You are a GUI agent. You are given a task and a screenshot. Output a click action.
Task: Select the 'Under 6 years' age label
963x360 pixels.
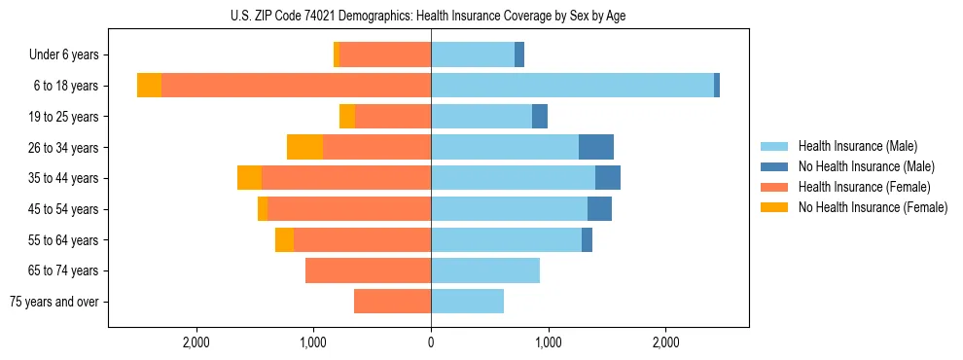[x=70, y=55]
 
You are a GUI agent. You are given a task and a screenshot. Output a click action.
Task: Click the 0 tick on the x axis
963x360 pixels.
[x=431, y=342]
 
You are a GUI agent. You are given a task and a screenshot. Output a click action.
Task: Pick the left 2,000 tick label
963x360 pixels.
[x=196, y=342]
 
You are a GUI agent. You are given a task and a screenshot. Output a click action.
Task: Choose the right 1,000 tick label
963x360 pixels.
[x=548, y=342]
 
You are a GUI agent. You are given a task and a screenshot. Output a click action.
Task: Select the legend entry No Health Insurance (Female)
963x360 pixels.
[x=873, y=207]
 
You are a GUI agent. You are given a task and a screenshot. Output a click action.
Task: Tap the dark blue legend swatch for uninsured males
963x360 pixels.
[x=775, y=166]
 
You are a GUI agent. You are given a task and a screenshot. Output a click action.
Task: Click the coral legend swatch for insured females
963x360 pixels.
[x=775, y=187]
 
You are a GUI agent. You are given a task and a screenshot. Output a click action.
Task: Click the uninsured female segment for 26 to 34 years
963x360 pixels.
[x=304, y=147]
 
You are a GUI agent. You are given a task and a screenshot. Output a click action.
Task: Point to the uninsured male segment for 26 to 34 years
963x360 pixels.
[x=596, y=147]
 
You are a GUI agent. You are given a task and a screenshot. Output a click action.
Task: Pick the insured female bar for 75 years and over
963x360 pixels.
[x=392, y=302]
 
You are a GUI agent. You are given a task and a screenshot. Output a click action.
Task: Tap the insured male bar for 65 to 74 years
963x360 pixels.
[x=485, y=270]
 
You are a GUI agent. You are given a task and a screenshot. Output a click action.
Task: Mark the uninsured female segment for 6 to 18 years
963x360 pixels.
[x=149, y=86]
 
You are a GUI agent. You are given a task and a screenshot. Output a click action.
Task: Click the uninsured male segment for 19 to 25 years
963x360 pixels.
[x=540, y=117]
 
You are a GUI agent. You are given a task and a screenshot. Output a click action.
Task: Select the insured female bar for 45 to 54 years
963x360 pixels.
[x=349, y=209]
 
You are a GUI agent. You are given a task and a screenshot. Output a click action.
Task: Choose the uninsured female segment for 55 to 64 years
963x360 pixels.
[x=284, y=240]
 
